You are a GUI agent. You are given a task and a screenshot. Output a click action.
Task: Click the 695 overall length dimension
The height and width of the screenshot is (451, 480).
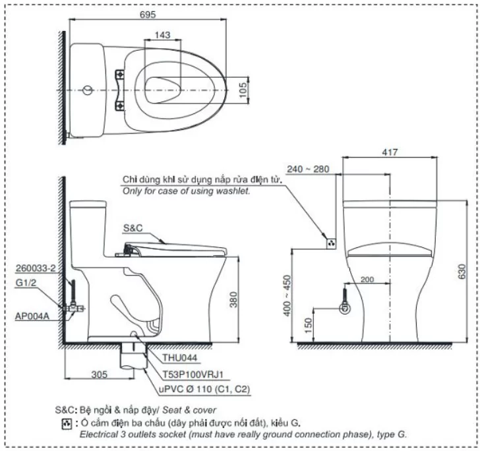tap(148, 15)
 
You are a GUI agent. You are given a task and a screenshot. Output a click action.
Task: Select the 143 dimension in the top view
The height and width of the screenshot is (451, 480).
tap(162, 35)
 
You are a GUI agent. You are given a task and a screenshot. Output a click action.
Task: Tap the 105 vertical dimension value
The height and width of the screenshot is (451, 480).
tap(243, 90)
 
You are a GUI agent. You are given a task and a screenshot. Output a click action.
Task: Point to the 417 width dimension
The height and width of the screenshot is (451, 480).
tap(390, 152)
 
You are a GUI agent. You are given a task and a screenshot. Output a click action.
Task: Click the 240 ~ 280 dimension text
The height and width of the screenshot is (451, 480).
tap(309, 169)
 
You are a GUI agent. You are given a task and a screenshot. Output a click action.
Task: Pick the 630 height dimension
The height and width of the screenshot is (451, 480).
tap(462, 271)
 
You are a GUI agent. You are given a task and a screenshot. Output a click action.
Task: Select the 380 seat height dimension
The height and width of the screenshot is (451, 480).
tap(233, 299)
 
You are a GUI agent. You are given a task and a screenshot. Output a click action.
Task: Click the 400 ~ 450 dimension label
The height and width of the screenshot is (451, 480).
tap(287, 296)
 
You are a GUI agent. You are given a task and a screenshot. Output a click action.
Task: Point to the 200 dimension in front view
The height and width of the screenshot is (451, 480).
tap(367, 279)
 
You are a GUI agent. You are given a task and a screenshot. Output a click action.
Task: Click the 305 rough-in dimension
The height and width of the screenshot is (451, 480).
tap(100, 375)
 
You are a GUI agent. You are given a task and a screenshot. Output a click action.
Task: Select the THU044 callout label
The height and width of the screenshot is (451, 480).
tap(180, 357)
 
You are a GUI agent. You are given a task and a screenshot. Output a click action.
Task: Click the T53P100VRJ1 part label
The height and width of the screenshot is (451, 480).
tap(193, 374)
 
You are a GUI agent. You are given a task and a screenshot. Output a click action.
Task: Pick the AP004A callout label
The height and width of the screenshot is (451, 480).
tap(32, 316)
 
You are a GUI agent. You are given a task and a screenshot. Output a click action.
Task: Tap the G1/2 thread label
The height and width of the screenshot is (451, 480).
tap(26, 283)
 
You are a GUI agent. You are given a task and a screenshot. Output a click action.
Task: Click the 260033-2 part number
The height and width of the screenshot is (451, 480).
tap(36, 268)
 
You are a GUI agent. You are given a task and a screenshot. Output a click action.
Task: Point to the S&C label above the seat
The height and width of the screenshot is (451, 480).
tap(133, 228)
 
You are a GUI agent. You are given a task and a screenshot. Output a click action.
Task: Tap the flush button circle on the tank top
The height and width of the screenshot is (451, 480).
tap(88, 90)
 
